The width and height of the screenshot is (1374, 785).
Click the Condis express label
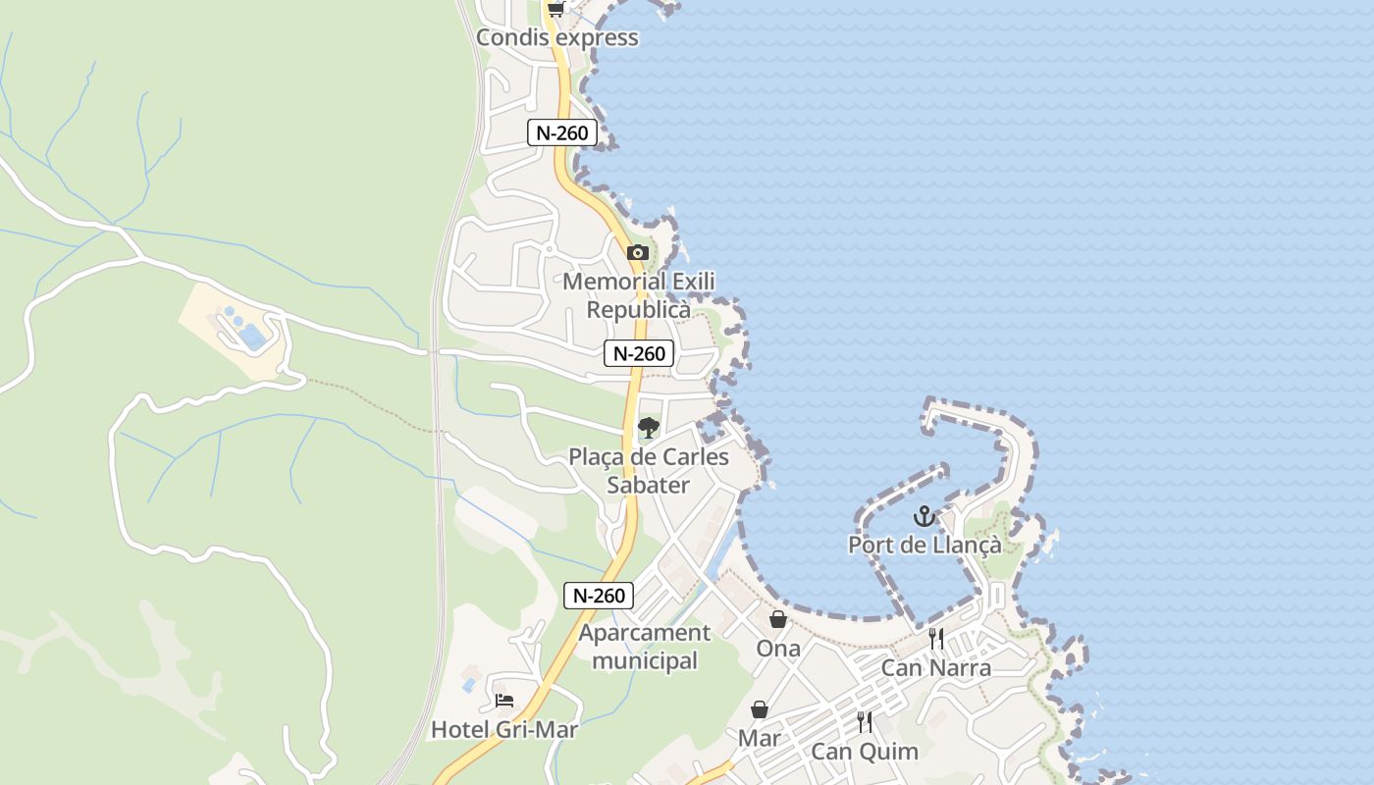pos(556,38)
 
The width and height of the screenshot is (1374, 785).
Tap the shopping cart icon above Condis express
pos(556,9)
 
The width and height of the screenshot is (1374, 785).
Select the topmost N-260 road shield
pos(562,132)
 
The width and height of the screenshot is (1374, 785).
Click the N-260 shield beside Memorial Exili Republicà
pos(639,353)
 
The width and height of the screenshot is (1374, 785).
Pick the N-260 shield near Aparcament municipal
pos(599,595)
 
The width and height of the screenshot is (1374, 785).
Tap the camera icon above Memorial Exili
pos(638,252)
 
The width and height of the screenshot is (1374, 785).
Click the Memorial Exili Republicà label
pos(639,295)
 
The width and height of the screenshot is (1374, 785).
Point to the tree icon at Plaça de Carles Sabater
pos(648,428)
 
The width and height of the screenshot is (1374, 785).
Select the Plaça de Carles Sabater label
pos(649,471)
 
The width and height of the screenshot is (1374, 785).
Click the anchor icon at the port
pos(924,516)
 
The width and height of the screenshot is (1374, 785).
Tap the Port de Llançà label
pos(925,546)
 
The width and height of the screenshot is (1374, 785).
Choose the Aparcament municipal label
pos(645,647)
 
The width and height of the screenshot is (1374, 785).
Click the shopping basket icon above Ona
pos(778,619)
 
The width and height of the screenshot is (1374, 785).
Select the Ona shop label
pos(778,649)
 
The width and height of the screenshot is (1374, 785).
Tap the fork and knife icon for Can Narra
pos(936,639)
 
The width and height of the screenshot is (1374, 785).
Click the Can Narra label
pos(936,668)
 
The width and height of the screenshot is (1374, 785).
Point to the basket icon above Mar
pos(760,709)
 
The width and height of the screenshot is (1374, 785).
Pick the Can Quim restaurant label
pos(865,753)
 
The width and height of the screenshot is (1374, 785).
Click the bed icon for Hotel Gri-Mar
pos(504,701)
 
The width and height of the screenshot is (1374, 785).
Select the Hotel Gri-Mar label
pos(504,730)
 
